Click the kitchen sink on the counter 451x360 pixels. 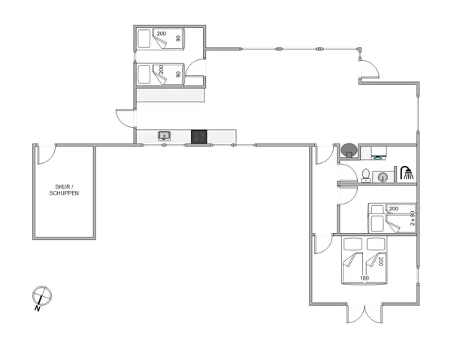[x=164, y=136]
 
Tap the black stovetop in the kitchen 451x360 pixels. [x=199, y=137]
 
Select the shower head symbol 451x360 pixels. [x=407, y=173]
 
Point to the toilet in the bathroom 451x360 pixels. [x=366, y=175]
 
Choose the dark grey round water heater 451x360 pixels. [x=349, y=150]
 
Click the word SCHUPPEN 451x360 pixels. [x=64, y=193]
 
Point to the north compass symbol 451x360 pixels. [x=42, y=295]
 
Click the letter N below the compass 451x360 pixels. [x=37, y=309]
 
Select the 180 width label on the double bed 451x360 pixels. [x=364, y=278]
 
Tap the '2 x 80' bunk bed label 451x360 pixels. [x=413, y=218]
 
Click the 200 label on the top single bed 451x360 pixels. [x=162, y=34]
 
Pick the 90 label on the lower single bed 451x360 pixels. [x=178, y=74]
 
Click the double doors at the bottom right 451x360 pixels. [x=365, y=313]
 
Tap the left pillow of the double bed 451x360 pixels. [x=353, y=244]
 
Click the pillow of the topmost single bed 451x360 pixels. [x=144, y=39]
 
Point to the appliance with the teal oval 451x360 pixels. [x=379, y=153]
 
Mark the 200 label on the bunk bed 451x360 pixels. [x=393, y=208]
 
